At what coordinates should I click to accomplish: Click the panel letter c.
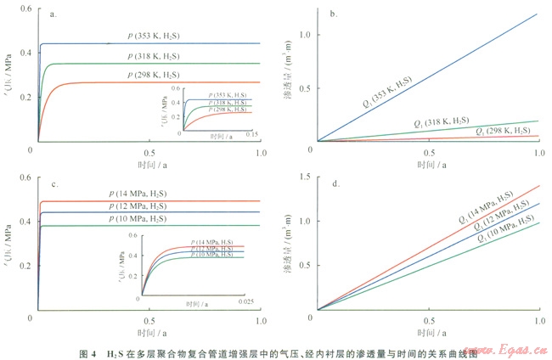tap(54, 183)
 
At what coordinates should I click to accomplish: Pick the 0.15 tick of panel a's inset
tap(251, 136)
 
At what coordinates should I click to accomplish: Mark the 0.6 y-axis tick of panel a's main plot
tap(27, 8)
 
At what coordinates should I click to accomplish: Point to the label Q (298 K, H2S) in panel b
tap(505, 131)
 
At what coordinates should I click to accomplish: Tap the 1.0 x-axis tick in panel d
tap(539, 322)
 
